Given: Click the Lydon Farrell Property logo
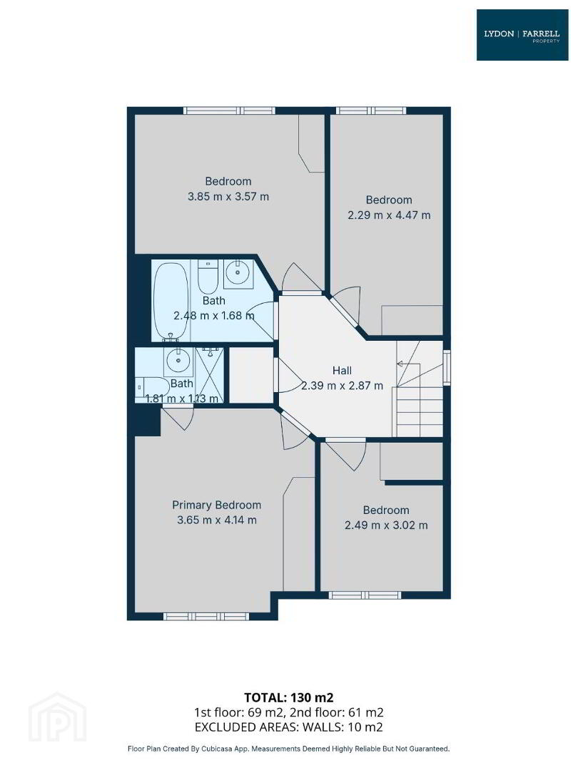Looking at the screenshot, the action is pos(522,35).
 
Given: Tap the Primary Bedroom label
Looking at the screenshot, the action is pos(216,505).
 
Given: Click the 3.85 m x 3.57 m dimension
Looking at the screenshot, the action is pos(228,197).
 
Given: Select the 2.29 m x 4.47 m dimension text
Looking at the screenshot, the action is pos(389,215).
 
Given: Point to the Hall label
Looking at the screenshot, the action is pos(342,370).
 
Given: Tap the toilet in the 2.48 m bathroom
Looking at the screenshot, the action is pos(208,277).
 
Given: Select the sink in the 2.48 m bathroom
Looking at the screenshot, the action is pos(238,274).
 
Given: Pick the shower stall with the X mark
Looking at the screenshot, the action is pos(209,375).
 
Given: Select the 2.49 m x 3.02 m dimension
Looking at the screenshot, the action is pos(386,525).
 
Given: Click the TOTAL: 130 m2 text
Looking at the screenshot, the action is pos(288,697).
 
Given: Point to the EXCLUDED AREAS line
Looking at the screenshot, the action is pos(288,727).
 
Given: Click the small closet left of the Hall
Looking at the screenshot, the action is pos(252,375).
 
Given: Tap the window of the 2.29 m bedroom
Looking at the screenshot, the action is pos(371,111).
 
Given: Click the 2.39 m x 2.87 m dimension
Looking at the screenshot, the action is pos(342,386).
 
